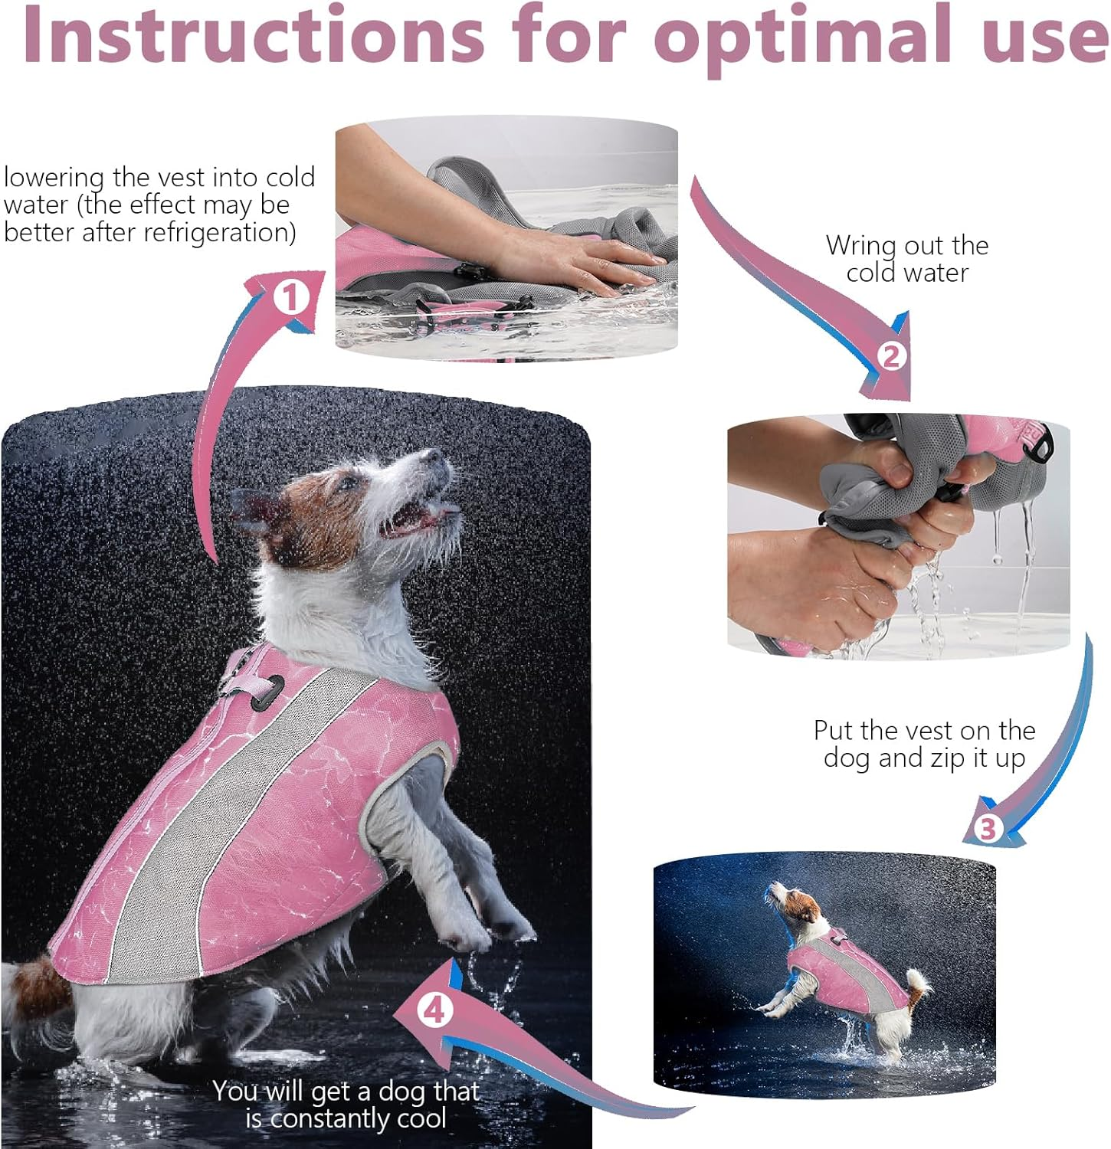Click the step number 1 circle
[290, 298]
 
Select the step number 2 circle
[890, 356]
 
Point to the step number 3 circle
[988, 828]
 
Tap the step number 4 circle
[434, 1011]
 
